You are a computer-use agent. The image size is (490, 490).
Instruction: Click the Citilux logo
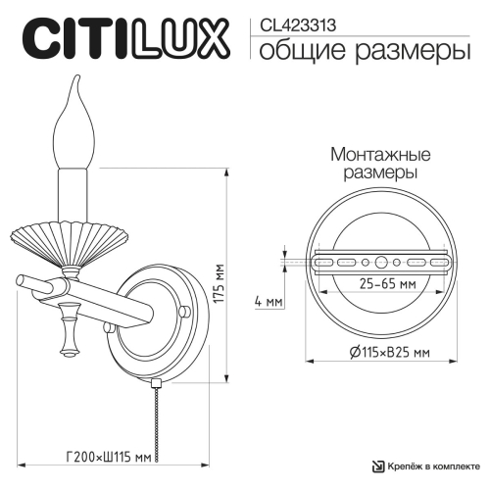123,38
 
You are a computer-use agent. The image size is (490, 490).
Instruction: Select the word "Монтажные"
369,154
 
